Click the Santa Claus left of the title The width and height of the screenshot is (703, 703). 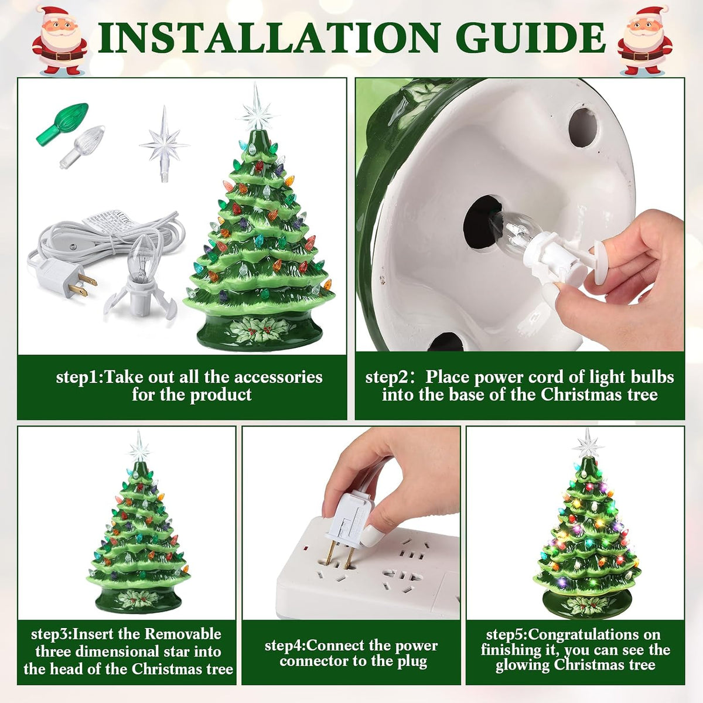(x=60, y=40)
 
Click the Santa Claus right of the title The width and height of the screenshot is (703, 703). (x=644, y=40)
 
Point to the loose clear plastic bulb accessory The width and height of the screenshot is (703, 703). (x=82, y=146)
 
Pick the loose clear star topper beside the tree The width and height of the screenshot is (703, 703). (x=164, y=144)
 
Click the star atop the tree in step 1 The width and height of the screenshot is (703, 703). (x=255, y=107)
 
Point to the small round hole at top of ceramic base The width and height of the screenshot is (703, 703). (x=583, y=127)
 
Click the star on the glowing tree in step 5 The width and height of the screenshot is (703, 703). (x=588, y=443)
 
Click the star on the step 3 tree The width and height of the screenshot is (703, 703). (x=139, y=446)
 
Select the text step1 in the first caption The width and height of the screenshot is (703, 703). (x=77, y=377)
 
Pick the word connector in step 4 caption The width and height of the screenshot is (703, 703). (x=314, y=661)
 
